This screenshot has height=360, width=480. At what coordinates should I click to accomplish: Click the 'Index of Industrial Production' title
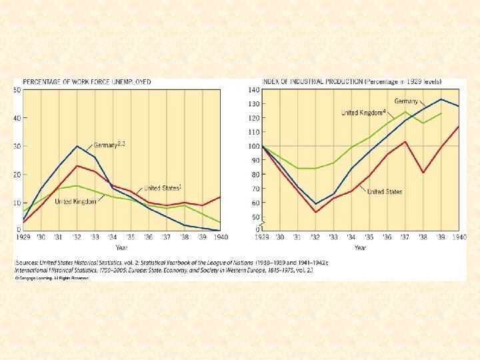(x=312, y=82)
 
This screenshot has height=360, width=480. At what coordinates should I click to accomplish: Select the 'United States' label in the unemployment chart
(x=162, y=188)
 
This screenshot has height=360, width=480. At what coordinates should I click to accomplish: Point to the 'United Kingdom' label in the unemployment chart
(x=75, y=201)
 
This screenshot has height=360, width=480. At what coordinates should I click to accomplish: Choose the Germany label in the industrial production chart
(x=406, y=101)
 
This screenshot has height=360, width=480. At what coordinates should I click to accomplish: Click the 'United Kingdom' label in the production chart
(x=363, y=113)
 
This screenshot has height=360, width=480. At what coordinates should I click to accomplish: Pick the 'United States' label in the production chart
(x=385, y=192)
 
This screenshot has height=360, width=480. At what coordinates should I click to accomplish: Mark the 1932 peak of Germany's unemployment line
(x=77, y=146)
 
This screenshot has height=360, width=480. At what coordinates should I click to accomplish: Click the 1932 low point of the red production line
(x=315, y=212)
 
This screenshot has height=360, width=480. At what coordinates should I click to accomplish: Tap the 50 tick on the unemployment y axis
(x=17, y=89)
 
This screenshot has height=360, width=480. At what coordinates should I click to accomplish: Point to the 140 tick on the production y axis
(x=253, y=89)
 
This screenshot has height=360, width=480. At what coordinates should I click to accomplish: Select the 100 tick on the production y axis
(x=253, y=146)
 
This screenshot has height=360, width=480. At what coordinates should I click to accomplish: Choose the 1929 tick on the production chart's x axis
(x=262, y=237)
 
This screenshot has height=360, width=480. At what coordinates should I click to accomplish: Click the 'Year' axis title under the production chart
(x=360, y=248)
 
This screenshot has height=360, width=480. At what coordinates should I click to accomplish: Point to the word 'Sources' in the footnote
(x=28, y=263)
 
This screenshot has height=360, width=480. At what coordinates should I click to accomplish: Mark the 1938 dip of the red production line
(x=423, y=173)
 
